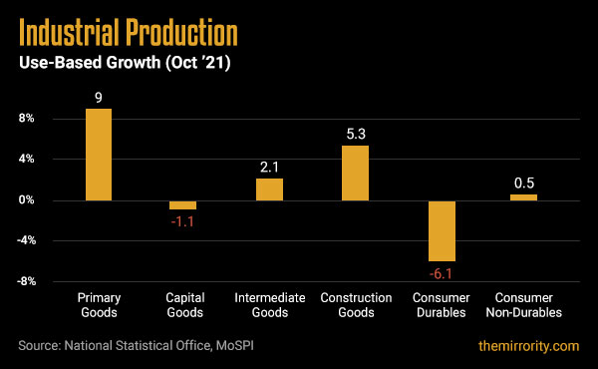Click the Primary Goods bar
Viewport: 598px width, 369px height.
tap(98, 155)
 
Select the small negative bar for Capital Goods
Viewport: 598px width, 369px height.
tap(183, 204)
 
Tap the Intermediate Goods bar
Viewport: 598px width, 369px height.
tap(269, 189)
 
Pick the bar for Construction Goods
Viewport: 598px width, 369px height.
tap(356, 173)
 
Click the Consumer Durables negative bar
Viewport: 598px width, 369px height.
tap(442, 230)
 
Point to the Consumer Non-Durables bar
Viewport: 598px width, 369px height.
tap(523, 197)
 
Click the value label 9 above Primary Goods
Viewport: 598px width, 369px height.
tap(98, 98)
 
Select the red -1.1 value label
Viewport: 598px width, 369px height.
tap(183, 221)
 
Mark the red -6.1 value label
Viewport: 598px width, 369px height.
tap(442, 272)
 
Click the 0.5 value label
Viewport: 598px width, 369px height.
tap(523, 183)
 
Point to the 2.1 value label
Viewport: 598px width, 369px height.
tap(269, 168)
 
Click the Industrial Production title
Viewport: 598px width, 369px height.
tap(129, 34)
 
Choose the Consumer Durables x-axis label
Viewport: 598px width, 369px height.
tap(442, 305)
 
